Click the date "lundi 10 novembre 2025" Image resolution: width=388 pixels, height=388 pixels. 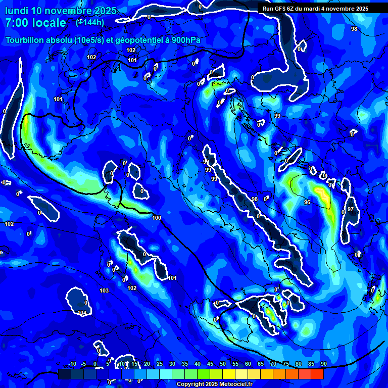tap(61, 11)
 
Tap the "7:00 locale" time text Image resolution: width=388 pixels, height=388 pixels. tap(35, 23)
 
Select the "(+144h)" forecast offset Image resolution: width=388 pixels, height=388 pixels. tap(90, 22)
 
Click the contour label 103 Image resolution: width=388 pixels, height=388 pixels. tap(104, 290)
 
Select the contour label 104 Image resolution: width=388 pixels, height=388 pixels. tap(82, 313)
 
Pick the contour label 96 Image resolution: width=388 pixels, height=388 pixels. tap(307, 202)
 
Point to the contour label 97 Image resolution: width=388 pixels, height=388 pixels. tap(351, 209)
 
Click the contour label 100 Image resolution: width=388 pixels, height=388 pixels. tap(157, 218)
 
